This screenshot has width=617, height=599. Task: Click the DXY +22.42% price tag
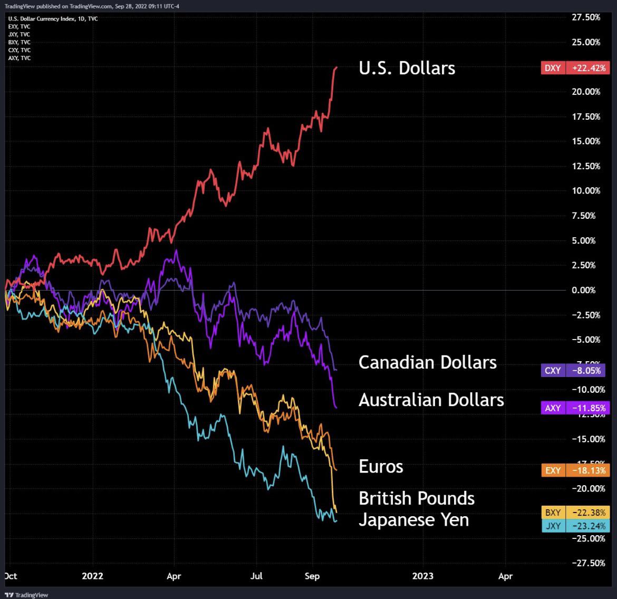[575, 67]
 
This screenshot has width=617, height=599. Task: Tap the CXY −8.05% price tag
[575, 370]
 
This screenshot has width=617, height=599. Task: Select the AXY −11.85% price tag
[575, 408]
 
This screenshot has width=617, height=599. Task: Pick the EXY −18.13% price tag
[575, 470]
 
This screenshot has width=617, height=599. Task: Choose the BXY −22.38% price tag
[575, 513]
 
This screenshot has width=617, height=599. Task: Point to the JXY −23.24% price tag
[575, 526]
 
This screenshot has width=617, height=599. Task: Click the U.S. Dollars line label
[407, 68]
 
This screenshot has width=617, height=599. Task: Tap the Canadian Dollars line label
[427, 362]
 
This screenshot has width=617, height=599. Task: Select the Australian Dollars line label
[431, 400]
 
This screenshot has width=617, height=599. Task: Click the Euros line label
[381, 466]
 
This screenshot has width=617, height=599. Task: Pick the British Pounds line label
[416, 498]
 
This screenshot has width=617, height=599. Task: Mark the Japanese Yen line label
[413, 520]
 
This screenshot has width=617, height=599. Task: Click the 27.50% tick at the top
[586, 17]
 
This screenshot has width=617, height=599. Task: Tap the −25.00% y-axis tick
[586, 538]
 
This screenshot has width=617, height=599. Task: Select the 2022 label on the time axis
[93, 576]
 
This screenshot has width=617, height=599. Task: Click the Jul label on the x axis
[257, 576]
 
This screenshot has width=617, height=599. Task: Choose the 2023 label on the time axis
[423, 576]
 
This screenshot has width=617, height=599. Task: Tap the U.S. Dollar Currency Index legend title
[53, 18]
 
